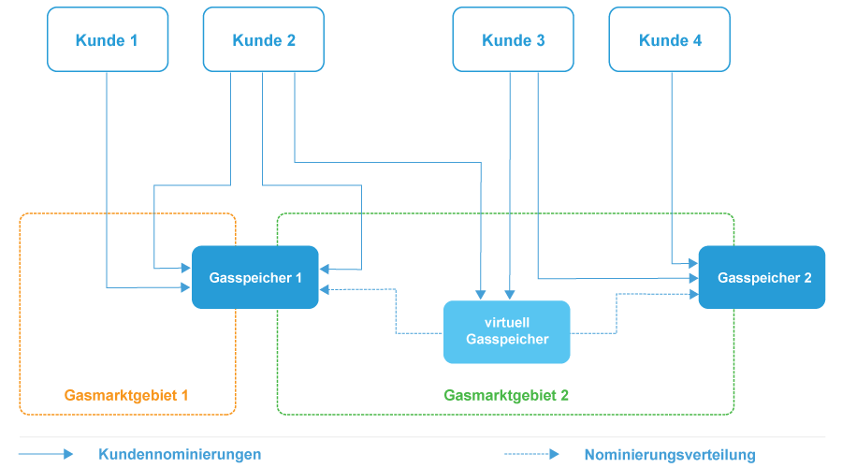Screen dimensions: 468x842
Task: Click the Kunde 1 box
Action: pyautogui.click(x=108, y=39)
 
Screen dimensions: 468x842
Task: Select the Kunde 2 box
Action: pyautogui.click(x=264, y=39)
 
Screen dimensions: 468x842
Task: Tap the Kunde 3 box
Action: pyautogui.click(x=513, y=39)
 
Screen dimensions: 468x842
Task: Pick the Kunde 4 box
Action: pyautogui.click(x=670, y=39)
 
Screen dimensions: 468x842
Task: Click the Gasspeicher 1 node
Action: pyautogui.click(x=255, y=277)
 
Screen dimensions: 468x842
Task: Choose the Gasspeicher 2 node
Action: pyautogui.click(x=762, y=277)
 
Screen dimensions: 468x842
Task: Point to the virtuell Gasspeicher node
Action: pyautogui.click(x=506, y=331)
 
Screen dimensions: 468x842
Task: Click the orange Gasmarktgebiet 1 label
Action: pyautogui.click(x=126, y=395)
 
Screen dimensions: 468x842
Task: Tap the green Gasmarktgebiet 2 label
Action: pyautogui.click(x=506, y=395)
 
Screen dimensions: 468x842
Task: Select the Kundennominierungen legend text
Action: pyautogui.click(x=180, y=455)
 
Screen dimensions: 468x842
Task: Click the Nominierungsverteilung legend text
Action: pyautogui.click(x=669, y=455)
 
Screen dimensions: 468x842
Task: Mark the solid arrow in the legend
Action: pyautogui.click(x=47, y=454)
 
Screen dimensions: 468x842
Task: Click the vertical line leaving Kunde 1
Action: pyautogui.click(x=107, y=168)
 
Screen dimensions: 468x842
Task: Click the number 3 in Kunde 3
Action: pyautogui.click(x=541, y=40)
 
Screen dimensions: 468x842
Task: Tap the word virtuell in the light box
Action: pyautogui.click(x=506, y=323)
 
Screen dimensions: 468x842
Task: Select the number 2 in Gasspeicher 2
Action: pyautogui.click(x=807, y=278)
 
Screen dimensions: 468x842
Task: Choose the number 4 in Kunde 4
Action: pyautogui.click(x=698, y=40)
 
